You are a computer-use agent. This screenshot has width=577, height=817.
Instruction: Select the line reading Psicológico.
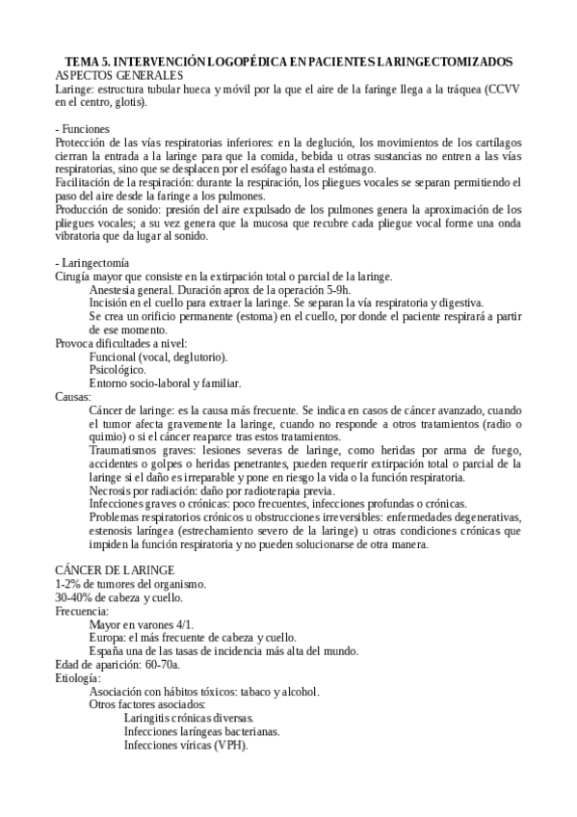coord(118,369)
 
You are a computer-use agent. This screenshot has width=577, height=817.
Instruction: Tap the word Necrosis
coord(113,490)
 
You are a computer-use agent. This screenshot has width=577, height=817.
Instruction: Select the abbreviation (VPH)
coord(230,747)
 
